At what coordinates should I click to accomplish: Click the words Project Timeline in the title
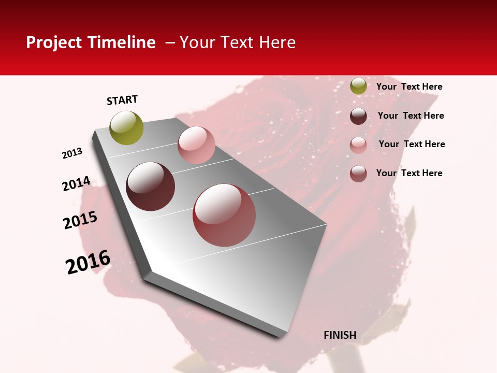[91, 42]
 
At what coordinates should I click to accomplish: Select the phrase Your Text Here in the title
[238, 42]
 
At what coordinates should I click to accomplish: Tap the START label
[122, 100]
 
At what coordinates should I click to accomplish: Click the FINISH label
[340, 335]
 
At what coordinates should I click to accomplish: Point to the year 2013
[72, 153]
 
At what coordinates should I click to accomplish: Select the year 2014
[77, 183]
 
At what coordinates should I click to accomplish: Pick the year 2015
[80, 220]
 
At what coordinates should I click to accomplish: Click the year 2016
[88, 262]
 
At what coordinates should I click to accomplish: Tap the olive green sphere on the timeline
[127, 128]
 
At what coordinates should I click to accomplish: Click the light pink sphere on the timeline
[196, 145]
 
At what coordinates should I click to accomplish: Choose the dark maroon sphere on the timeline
[151, 187]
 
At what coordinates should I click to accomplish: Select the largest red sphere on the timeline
[224, 215]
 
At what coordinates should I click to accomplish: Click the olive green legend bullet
[358, 87]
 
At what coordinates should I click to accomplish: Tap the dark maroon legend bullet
[358, 116]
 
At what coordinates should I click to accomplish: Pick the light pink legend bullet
[358, 145]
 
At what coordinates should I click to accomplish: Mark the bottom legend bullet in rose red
[358, 174]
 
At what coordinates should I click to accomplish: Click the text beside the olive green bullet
[410, 87]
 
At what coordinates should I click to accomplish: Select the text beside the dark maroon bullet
[411, 116]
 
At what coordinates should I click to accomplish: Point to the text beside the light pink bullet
[412, 144]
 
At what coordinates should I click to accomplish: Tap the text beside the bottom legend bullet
[410, 173]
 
